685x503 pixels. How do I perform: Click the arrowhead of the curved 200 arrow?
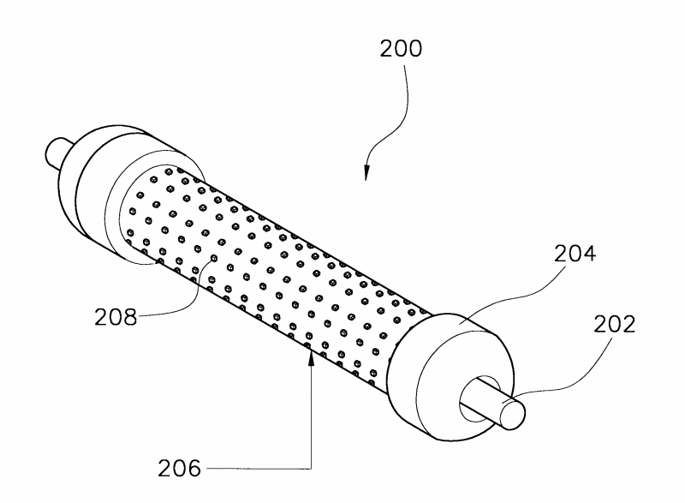click(366, 173)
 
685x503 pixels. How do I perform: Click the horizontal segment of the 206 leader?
click(257, 469)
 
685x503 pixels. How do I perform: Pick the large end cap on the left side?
click(98, 197)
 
